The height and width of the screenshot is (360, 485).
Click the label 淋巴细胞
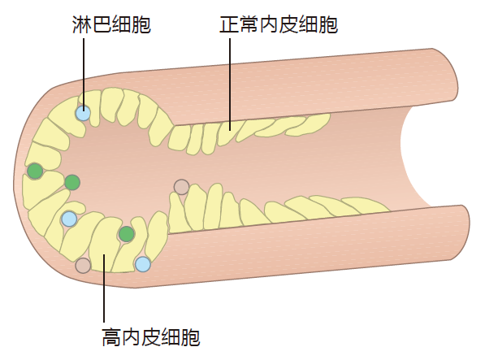[x=111, y=24]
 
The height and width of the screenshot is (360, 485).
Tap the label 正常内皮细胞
[x=279, y=24]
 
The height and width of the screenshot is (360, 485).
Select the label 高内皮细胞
[x=151, y=336]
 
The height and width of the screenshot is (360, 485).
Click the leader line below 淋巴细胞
[x=84, y=74]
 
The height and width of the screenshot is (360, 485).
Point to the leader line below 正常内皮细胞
[x=230, y=85]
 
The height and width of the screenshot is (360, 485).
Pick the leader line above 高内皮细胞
[x=104, y=288]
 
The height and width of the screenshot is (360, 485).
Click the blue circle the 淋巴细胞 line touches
[x=83, y=113]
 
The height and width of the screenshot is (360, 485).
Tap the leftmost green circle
[x=35, y=171]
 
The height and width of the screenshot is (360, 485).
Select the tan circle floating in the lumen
[x=181, y=187]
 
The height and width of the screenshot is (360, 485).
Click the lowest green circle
[x=127, y=234]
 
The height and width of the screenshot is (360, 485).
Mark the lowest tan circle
[x=83, y=266]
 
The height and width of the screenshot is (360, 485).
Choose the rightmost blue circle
[x=143, y=264]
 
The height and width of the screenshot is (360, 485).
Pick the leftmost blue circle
[x=69, y=219]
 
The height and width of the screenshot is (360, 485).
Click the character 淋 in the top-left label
[x=82, y=24]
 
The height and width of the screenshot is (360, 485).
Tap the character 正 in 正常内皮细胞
[x=229, y=24]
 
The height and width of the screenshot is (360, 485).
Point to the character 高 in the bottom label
[x=111, y=336]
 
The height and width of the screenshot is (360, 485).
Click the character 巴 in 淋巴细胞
[x=102, y=24]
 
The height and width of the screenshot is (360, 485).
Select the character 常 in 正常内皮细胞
[x=249, y=24]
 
